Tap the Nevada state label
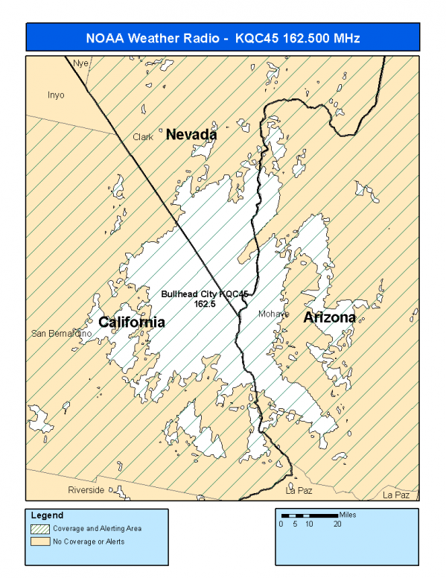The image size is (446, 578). click(191, 135)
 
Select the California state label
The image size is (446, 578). click(132, 322)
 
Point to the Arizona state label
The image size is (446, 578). click(330, 317)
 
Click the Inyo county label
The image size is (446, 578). click(56, 95)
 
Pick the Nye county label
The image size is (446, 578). click(81, 63)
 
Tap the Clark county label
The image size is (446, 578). click(143, 137)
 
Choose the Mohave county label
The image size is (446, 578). click(273, 314)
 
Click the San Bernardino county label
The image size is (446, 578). click(61, 334)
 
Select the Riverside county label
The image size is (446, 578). click(86, 490)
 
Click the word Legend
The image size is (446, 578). click(48, 515)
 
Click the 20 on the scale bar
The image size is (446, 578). click(337, 524)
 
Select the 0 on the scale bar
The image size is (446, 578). click(281, 524)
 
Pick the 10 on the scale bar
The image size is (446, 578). click(308, 524)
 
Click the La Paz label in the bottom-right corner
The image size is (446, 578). click(396, 495)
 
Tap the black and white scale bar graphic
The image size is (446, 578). click(309, 515)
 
